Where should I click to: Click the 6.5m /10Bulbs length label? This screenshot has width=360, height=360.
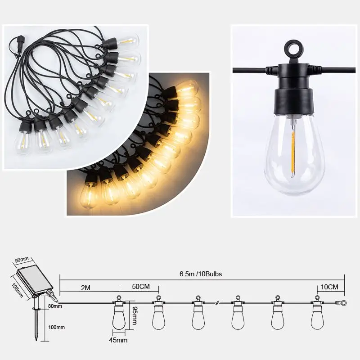click(201, 274)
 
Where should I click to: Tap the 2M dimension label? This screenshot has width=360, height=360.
click(85, 288)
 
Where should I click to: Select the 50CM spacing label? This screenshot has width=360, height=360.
click(141, 287)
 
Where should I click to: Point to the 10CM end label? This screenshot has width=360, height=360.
click(329, 287)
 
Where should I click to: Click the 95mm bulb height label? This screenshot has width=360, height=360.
click(135, 315)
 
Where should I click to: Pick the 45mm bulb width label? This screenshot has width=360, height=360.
click(118, 340)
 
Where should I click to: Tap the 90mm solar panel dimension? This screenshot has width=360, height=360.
click(22, 260)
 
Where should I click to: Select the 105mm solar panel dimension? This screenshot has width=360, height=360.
click(17, 290)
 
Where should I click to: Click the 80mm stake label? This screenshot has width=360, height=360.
click(55, 306)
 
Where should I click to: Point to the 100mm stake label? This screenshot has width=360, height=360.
click(56, 327)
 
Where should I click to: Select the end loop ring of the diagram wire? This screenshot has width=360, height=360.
click(343, 303)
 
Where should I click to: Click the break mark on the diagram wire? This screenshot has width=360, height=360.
click(217, 303)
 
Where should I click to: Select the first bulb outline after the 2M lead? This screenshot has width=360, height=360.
click(119, 313)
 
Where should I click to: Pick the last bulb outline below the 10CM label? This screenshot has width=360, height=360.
click(317, 313)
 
